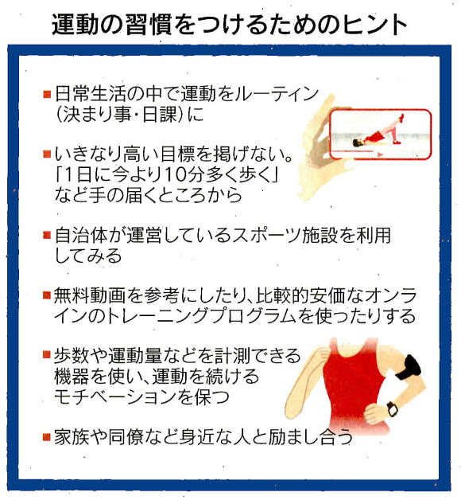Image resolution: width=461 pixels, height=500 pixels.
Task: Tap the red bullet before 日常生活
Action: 47,94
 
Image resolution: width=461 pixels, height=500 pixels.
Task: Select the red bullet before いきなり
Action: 47,154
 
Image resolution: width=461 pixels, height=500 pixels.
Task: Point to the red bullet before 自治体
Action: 47,235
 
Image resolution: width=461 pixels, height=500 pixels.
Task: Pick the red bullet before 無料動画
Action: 47,295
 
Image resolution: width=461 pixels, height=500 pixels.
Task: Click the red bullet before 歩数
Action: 47,354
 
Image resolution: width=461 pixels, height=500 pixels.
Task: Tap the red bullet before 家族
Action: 47,436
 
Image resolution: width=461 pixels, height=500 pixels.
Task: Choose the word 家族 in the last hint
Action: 72,437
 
